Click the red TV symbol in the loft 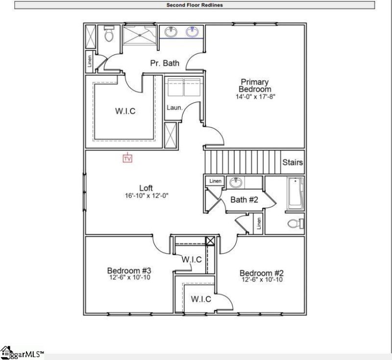tap(127, 158)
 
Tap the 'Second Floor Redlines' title tap(195, 5)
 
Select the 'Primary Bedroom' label tap(254, 85)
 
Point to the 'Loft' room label tap(146, 188)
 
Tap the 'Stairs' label tap(293, 162)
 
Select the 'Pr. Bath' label tap(164, 63)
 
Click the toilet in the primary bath tap(109, 34)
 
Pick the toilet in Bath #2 tap(293, 224)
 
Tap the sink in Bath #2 tap(237, 182)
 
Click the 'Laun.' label tap(174, 107)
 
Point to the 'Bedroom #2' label tap(262, 273)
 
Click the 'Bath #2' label tap(244, 200)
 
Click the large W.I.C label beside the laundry tap(125, 111)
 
